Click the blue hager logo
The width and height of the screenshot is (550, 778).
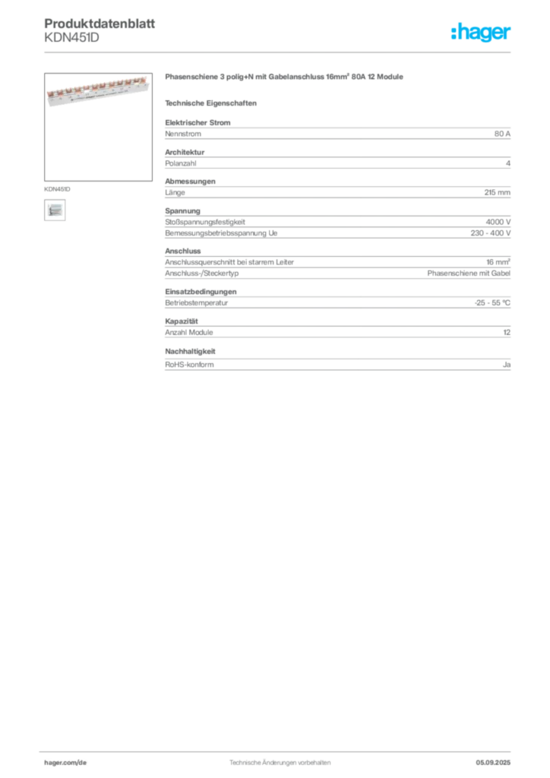click(x=482, y=33)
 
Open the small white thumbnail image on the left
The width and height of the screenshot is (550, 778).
click(x=54, y=210)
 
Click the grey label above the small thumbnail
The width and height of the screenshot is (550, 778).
click(x=58, y=186)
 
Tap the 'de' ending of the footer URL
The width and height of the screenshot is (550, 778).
click(x=84, y=762)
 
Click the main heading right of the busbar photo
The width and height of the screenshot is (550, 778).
click(x=285, y=79)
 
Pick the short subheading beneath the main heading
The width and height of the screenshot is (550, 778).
click(x=213, y=103)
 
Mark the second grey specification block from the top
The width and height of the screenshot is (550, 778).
click(x=337, y=160)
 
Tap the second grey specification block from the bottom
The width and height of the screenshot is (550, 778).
click(x=337, y=330)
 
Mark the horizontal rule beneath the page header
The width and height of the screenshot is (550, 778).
click(x=280, y=52)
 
